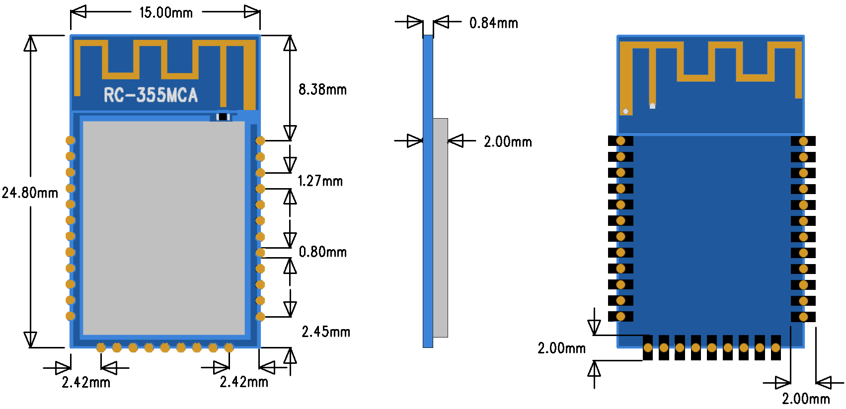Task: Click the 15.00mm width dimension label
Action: point(166,13)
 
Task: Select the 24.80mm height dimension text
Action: point(30,193)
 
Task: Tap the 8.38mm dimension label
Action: point(322,90)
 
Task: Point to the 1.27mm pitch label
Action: point(320,181)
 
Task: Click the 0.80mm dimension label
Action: point(322,252)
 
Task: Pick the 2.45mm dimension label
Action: point(326,332)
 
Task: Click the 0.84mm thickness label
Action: point(493,23)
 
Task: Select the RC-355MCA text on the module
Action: point(151,95)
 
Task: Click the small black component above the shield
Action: point(223,117)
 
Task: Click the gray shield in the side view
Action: point(440,227)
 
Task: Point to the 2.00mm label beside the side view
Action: point(508,142)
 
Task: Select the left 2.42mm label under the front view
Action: point(86,383)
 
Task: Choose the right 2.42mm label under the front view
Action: point(244,382)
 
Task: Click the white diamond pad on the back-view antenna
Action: point(626,111)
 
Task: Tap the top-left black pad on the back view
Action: point(620,141)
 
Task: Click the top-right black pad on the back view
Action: point(803,141)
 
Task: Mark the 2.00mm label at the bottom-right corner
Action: point(806,399)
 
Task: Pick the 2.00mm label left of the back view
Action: point(561,348)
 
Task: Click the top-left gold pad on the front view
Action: point(71,140)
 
